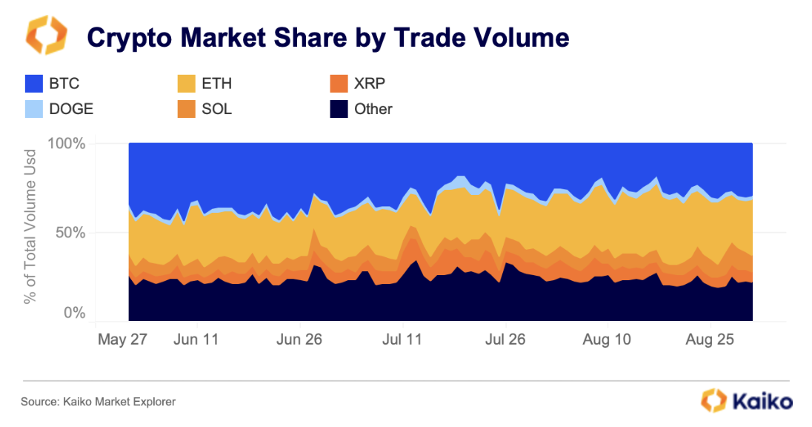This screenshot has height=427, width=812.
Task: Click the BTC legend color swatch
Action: click(34, 84)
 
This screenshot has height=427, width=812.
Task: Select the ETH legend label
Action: click(216, 84)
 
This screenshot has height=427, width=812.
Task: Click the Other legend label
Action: click(373, 109)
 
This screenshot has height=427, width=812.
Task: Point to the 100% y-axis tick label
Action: click(67, 143)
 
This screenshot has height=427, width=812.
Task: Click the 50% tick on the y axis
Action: click(72, 232)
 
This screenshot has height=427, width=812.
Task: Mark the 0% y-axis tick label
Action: click(76, 314)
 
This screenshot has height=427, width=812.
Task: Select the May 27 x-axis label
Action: click(122, 340)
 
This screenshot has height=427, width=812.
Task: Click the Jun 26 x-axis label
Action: click(299, 340)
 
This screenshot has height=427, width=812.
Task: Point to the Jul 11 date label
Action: click(402, 340)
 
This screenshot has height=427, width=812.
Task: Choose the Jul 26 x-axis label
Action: click(505, 340)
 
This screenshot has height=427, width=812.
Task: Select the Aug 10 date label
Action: click(607, 340)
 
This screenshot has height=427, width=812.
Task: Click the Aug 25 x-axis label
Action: click(710, 340)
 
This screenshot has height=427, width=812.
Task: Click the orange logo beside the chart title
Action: click(46, 36)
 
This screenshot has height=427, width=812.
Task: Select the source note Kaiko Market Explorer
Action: click(98, 402)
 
